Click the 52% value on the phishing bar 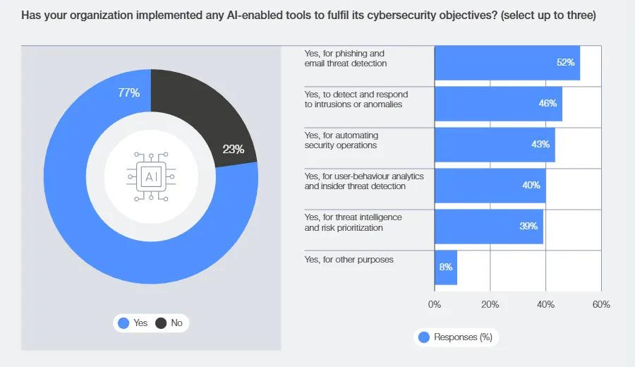(x=566, y=62)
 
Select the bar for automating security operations (x=494, y=145)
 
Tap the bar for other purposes (x=446, y=267)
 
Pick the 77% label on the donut (x=129, y=92)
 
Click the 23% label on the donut (x=233, y=149)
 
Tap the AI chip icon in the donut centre (x=151, y=176)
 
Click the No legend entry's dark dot (x=161, y=323)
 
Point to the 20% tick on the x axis (x=490, y=304)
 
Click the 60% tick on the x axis (x=601, y=304)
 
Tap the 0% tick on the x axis (x=435, y=304)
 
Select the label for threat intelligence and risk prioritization (x=353, y=222)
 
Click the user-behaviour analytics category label (x=364, y=181)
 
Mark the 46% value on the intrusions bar (x=548, y=103)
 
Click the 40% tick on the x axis (x=545, y=304)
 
